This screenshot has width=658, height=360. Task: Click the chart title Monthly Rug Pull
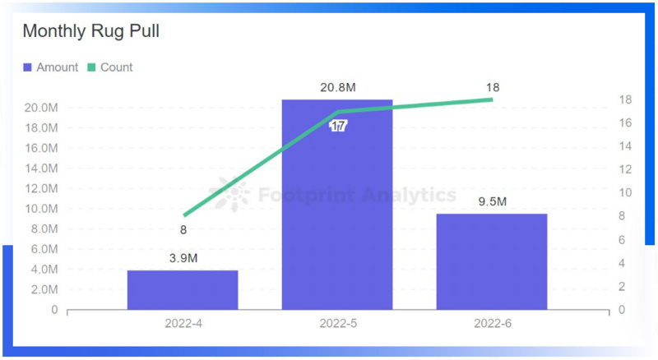(x=90, y=32)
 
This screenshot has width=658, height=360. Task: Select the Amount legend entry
(x=51, y=67)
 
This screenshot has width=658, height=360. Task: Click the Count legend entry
(x=109, y=67)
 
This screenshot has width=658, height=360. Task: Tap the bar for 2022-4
(x=183, y=289)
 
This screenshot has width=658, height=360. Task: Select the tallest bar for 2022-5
(x=337, y=205)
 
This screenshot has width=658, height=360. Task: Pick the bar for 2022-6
(x=492, y=261)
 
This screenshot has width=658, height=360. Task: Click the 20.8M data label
(x=337, y=87)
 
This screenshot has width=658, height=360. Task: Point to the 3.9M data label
(x=183, y=258)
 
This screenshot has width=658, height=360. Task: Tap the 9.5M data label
(x=492, y=201)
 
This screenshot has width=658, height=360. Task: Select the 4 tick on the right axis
(x=622, y=263)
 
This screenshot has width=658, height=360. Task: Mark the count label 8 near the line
(x=183, y=230)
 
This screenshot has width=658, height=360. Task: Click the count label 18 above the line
(x=493, y=87)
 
